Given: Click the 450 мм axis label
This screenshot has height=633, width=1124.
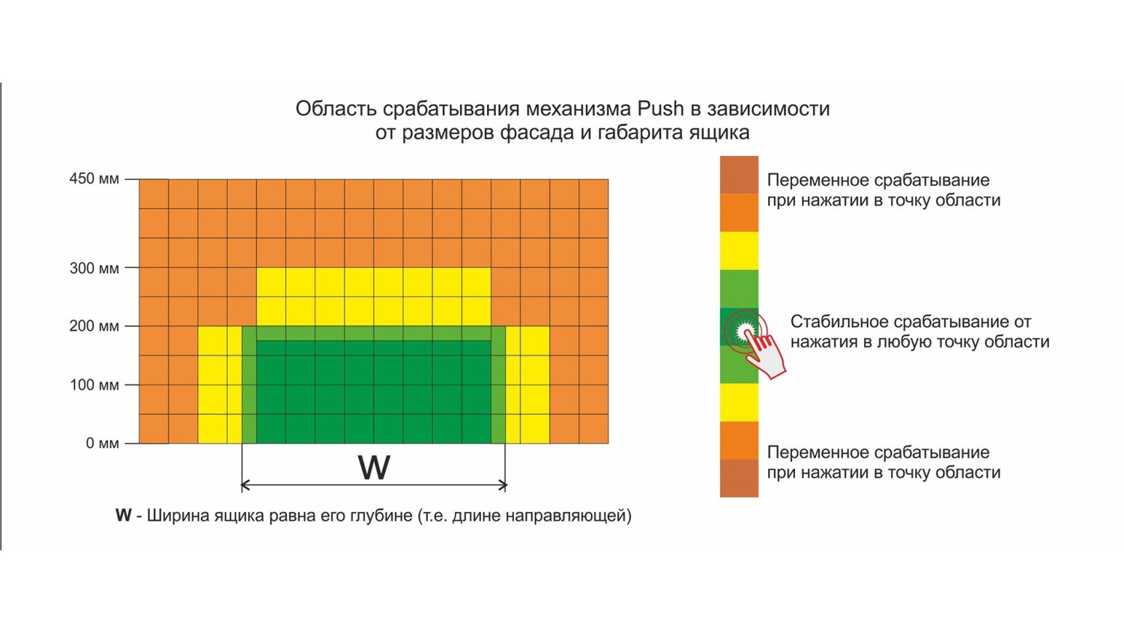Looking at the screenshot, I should coord(94,179).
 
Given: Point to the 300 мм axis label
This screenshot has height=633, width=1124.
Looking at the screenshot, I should coord(94,268).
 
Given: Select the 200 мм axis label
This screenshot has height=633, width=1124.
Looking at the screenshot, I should coord(94,326).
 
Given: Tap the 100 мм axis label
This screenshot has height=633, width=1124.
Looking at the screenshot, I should coord(94,385).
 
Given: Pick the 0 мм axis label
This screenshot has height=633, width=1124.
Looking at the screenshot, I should coord(102,443).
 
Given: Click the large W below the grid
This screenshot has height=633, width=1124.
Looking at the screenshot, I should coord(373,468).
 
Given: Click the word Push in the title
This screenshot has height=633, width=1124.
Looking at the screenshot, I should coord(660,109).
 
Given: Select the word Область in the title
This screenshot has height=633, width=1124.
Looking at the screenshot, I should coord(336,109).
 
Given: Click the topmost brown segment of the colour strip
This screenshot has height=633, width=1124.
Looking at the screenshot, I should coord(739,175).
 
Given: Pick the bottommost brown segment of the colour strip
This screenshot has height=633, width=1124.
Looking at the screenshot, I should coord(739,478).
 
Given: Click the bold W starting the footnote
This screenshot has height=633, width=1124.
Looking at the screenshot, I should coord(123,516).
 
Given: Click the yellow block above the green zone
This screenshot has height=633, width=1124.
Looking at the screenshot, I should coord(373,296).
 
